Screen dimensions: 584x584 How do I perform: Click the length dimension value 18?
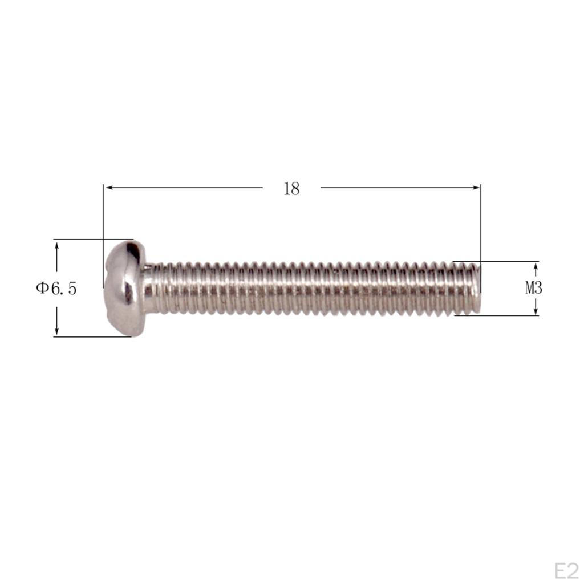(x=291, y=189)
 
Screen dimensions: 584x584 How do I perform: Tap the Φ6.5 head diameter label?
(x=56, y=288)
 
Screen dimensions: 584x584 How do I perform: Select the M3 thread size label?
(x=533, y=288)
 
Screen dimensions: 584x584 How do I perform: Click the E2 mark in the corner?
(x=566, y=570)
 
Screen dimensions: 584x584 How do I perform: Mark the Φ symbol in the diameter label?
(x=43, y=288)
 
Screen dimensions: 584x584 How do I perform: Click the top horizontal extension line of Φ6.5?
(x=91, y=240)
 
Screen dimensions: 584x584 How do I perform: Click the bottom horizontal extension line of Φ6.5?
(x=91, y=336)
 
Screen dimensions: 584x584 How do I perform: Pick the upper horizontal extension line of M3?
(x=496, y=262)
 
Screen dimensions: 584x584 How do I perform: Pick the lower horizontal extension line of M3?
(x=496, y=315)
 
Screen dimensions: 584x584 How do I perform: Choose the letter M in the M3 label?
(x=530, y=288)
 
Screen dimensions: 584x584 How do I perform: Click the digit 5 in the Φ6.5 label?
(x=71, y=288)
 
